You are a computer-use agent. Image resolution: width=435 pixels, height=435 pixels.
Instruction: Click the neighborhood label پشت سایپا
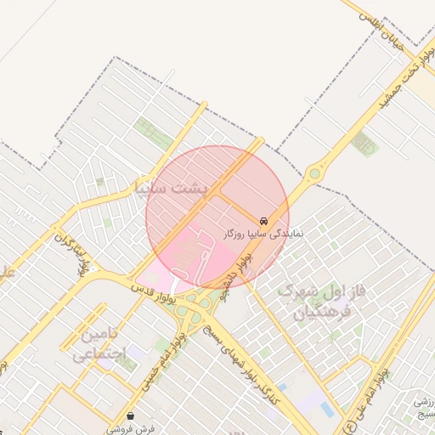click(177, 187)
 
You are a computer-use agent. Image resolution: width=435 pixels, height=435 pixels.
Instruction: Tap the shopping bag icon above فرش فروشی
click(130, 415)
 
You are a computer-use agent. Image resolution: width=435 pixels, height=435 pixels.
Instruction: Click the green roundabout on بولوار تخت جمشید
click(315, 172)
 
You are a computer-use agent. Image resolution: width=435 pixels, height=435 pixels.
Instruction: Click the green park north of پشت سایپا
click(153, 133)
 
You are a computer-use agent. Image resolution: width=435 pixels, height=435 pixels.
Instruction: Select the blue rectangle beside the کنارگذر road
click(327, 410)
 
